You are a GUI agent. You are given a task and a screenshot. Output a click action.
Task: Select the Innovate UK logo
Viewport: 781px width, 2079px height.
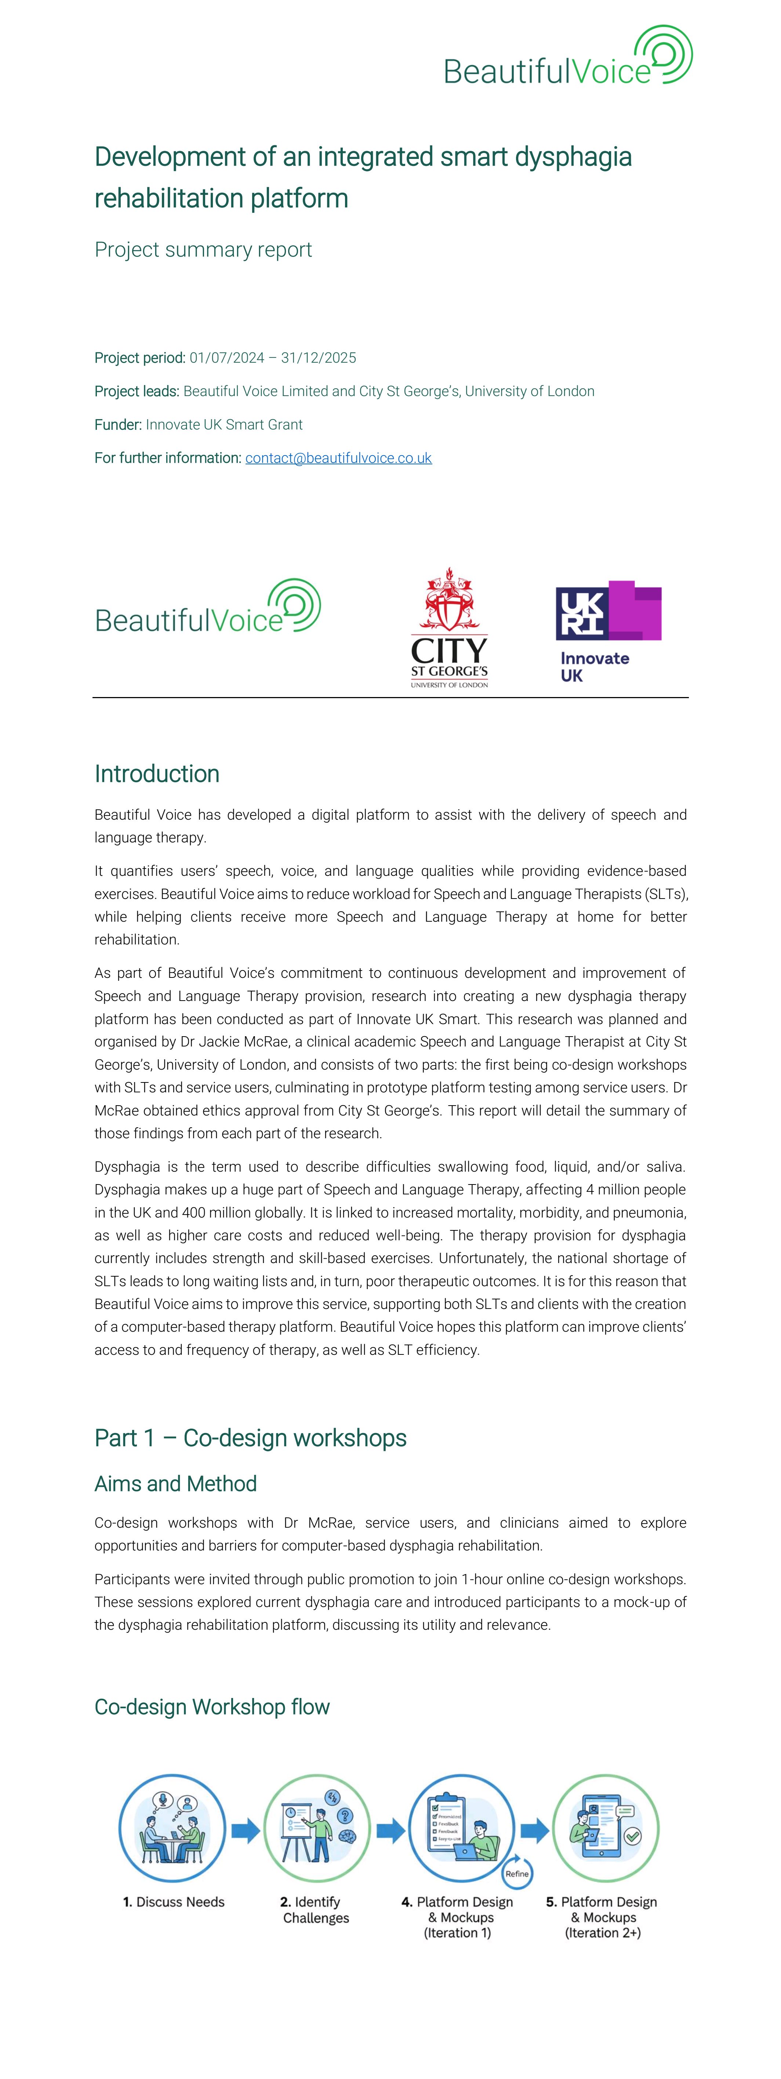coord(609,631)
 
